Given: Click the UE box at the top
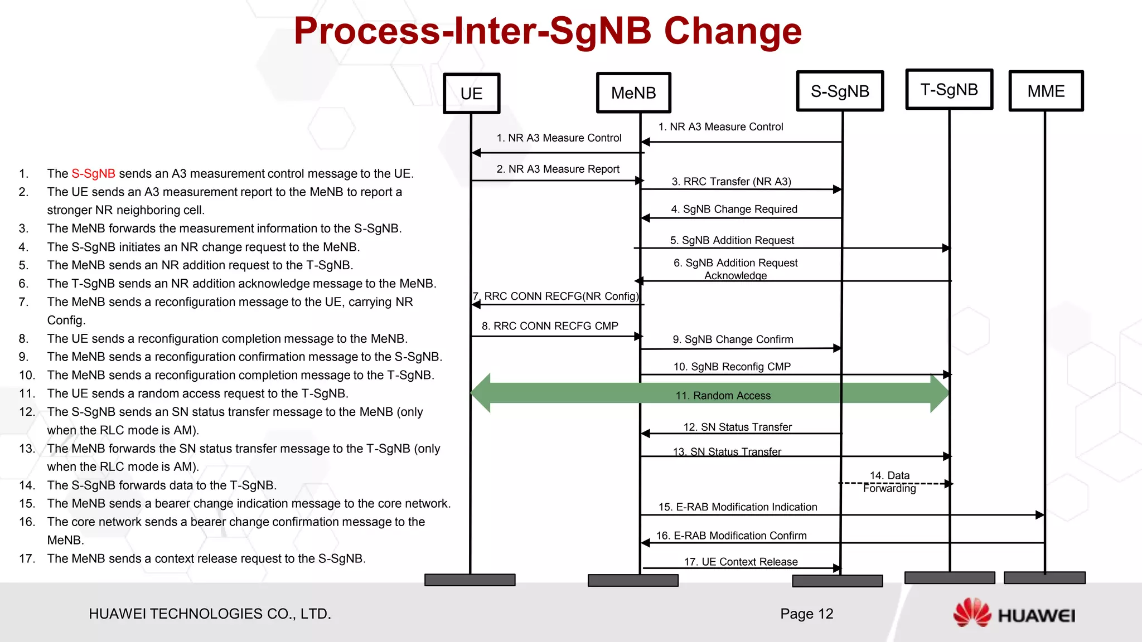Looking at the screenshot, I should point(471,94).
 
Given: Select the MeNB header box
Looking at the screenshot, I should point(633,93).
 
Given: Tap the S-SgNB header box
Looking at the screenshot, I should point(840,91).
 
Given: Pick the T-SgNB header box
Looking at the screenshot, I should point(949,89).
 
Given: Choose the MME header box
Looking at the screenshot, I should point(1046,91).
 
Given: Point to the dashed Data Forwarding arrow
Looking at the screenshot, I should point(895,484).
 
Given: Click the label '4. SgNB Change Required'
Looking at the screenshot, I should point(734,209).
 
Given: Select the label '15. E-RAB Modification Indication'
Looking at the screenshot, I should point(738,507).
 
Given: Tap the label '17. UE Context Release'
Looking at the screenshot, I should point(741,562).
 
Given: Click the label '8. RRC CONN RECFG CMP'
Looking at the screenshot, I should point(550,326).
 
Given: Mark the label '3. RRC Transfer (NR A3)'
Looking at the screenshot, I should point(731,182).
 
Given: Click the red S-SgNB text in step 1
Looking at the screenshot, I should point(93,174).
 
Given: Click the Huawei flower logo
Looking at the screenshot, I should point(972,612).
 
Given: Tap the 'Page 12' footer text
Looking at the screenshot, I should point(806,614).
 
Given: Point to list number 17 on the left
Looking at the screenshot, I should point(27,558).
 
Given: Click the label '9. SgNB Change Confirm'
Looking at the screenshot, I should point(733,339).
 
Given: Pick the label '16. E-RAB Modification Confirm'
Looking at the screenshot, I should point(731,536).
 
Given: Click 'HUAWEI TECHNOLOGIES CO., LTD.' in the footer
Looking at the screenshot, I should point(210,614).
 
